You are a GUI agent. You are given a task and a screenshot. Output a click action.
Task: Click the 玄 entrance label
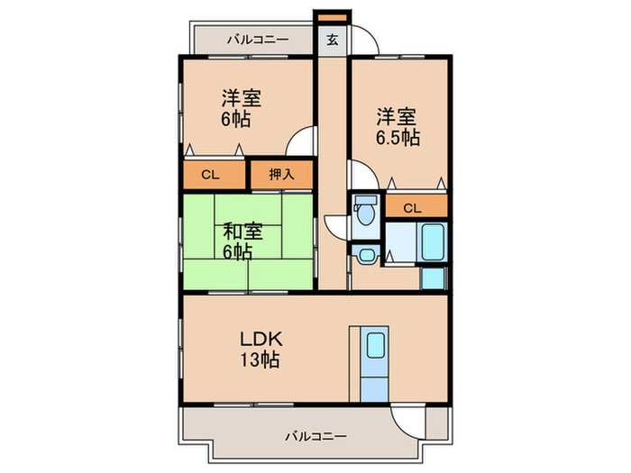click(332, 40)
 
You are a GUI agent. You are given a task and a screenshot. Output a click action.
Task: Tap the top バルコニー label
click(257, 40)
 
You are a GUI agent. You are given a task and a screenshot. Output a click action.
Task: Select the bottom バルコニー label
click(315, 435)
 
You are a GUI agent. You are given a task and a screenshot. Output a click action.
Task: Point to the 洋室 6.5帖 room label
click(398, 127)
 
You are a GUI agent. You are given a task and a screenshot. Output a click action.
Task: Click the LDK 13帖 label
click(261, 350)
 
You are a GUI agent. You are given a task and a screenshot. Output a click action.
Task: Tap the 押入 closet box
click(281, 175)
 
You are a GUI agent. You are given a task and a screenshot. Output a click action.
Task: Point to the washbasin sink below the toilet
click(366, 255)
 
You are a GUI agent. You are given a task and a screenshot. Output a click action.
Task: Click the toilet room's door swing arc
click(336, 225)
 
